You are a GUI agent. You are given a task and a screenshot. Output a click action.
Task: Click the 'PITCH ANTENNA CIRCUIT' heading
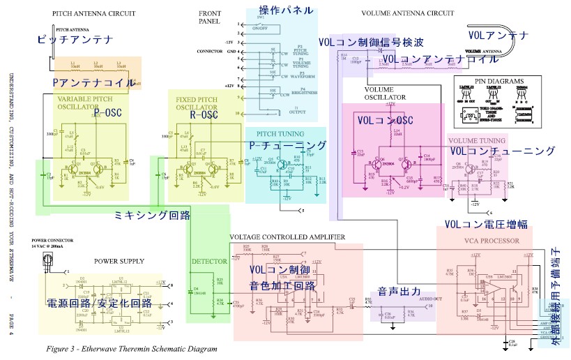93,13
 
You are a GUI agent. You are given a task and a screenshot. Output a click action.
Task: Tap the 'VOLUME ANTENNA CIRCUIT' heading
407,13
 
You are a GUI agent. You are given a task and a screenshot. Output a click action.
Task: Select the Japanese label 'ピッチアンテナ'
75,40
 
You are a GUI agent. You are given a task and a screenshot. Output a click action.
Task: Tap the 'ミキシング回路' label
152,216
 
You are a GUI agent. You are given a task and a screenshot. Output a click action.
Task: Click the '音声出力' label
400,290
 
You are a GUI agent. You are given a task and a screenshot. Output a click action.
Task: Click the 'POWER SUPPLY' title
119,261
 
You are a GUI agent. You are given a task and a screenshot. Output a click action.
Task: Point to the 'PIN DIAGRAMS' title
498,82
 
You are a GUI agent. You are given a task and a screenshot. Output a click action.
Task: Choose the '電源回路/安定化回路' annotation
99,303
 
